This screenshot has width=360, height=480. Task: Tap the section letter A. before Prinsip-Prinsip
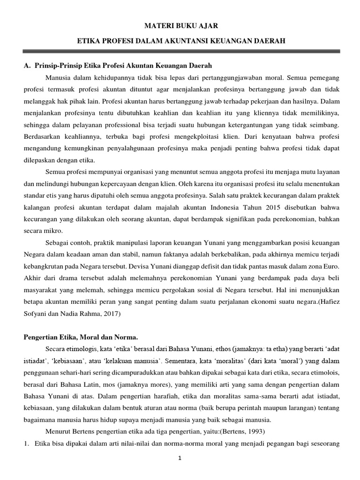click(26, 65)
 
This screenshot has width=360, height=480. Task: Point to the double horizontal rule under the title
click(180, 52)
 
